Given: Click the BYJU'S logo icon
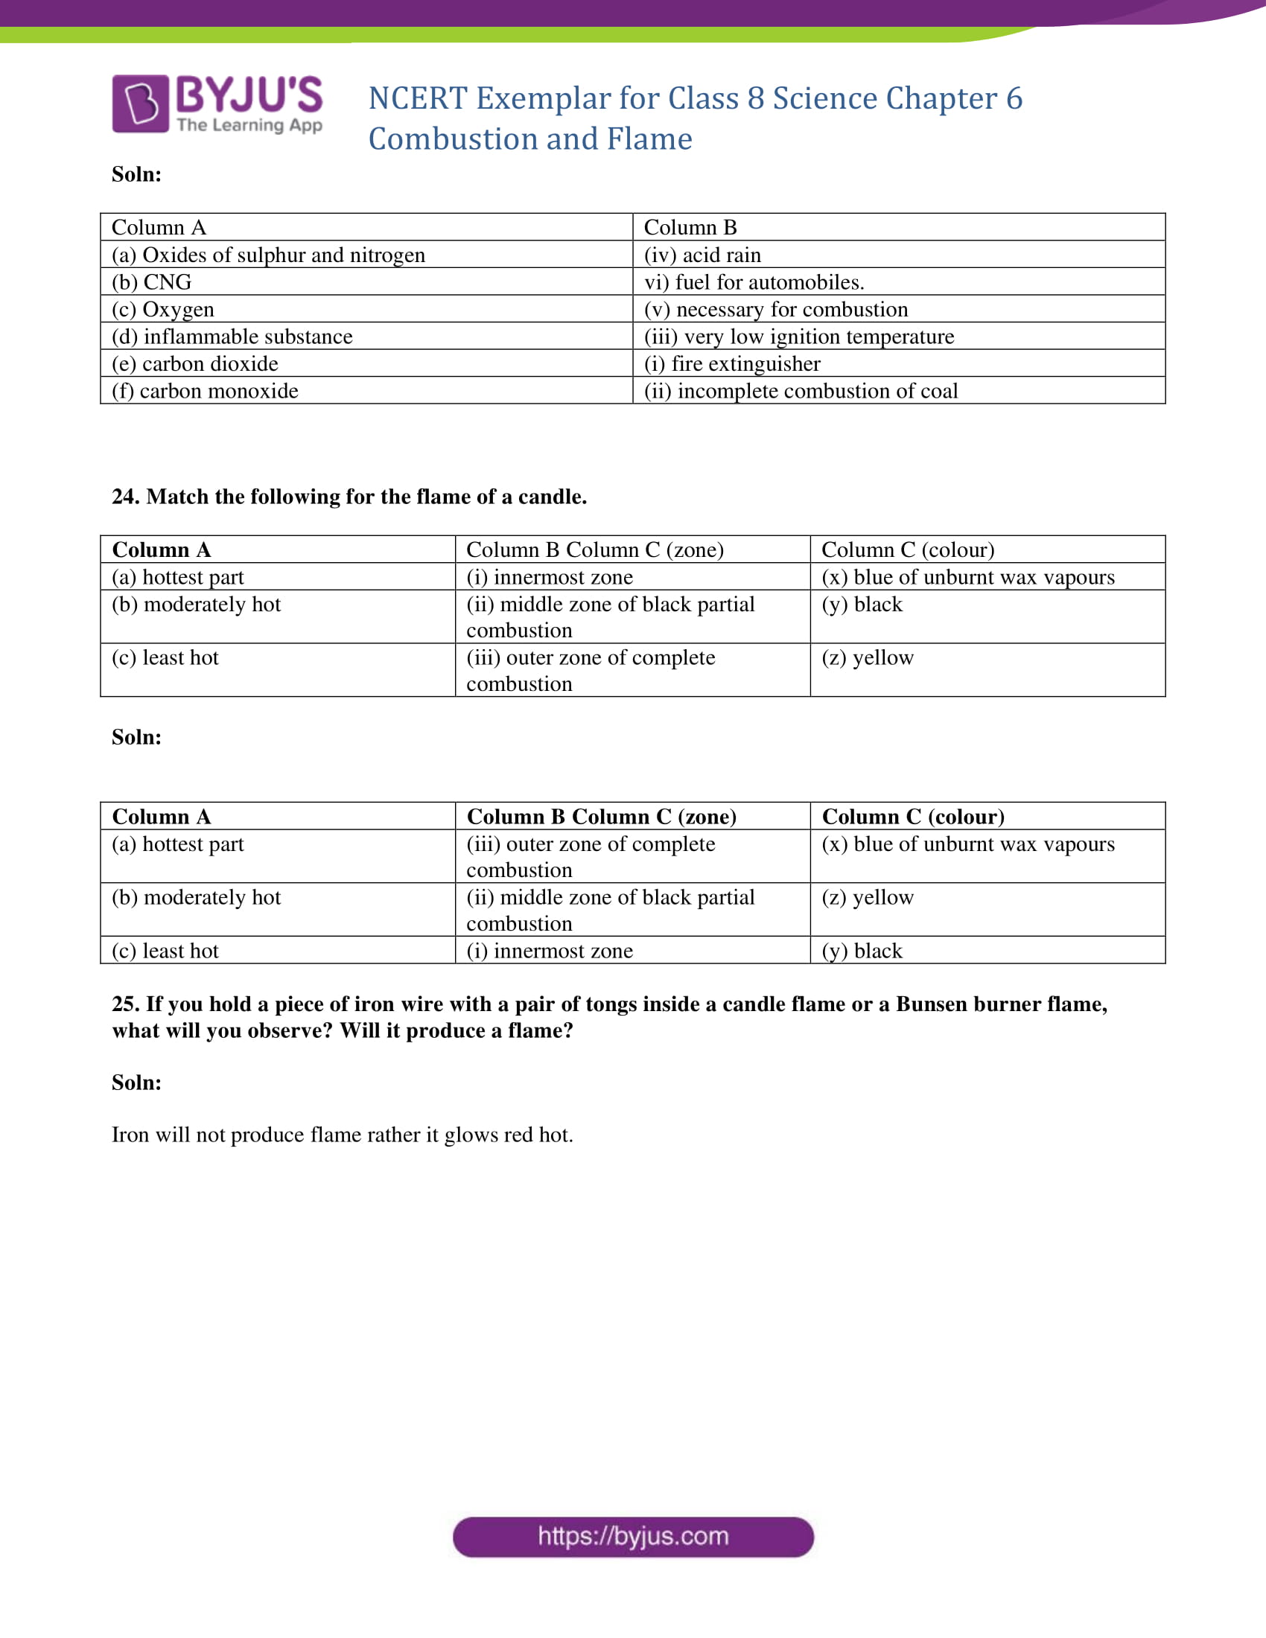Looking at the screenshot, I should point(140,103).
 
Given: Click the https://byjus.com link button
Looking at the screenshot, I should point(633,1537).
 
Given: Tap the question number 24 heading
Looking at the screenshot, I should point(349,497).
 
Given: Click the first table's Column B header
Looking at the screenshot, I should point(690,227).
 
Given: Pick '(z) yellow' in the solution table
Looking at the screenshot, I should point(867,898).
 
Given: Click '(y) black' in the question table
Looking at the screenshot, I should point(862,605).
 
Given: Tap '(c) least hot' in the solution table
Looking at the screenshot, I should point(165,951).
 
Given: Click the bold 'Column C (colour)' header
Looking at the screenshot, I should point(913,817).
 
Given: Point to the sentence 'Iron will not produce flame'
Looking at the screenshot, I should point(342,1135).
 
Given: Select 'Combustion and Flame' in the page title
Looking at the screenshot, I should point(529,139).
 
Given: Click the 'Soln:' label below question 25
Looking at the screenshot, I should point(136,1083).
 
